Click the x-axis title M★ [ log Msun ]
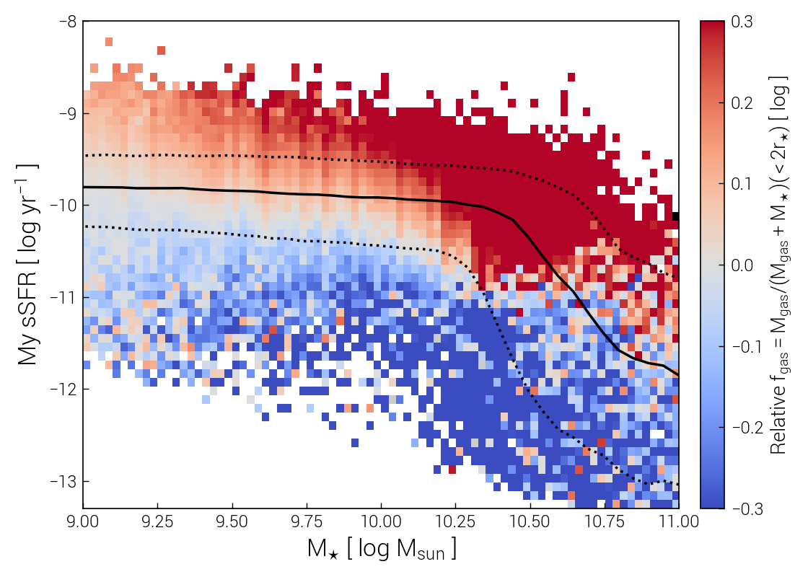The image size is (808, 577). pos(381,550)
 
